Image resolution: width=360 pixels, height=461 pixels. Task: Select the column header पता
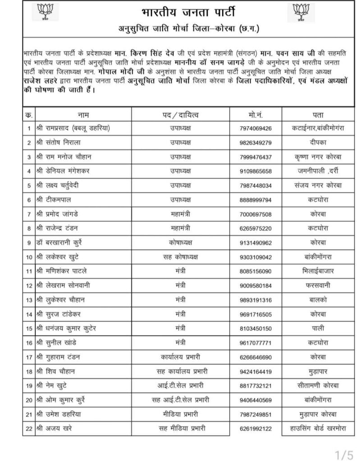coord(318,115)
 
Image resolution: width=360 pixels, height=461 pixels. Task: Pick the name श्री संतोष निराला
coord(62,143)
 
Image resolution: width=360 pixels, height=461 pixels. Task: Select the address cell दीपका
coord(318,143)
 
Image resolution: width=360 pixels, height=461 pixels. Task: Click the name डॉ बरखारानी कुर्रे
coord(66,242)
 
